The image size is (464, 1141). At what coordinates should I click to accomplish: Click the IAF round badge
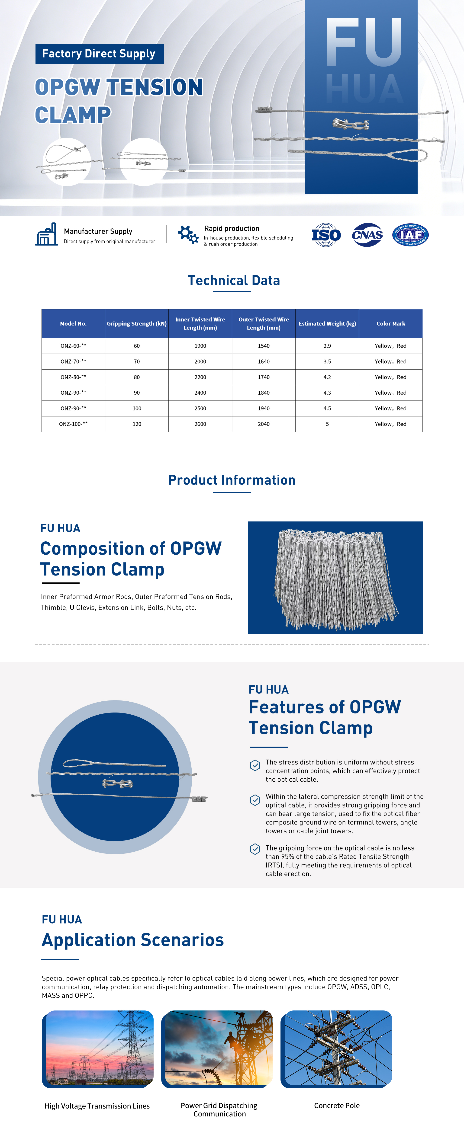(410, 235)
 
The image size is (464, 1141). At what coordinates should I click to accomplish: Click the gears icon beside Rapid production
(188, 234)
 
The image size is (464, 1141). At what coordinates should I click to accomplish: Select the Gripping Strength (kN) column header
(136, 324)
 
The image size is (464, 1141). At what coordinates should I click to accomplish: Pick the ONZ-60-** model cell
(73, 346)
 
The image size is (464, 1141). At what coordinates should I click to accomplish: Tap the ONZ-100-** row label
(73, 424)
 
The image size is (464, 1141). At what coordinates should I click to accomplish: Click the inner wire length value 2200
(200, 377)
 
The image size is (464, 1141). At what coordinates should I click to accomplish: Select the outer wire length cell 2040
(264, 424)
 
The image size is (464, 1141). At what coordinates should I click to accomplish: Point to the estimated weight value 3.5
(327, 361)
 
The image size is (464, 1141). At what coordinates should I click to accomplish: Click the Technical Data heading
(234, 280)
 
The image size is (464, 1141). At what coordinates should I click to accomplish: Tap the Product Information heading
(232, 480)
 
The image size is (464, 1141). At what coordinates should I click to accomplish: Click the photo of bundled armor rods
(335, 578)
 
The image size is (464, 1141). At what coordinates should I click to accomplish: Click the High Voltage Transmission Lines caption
(97, 1106)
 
